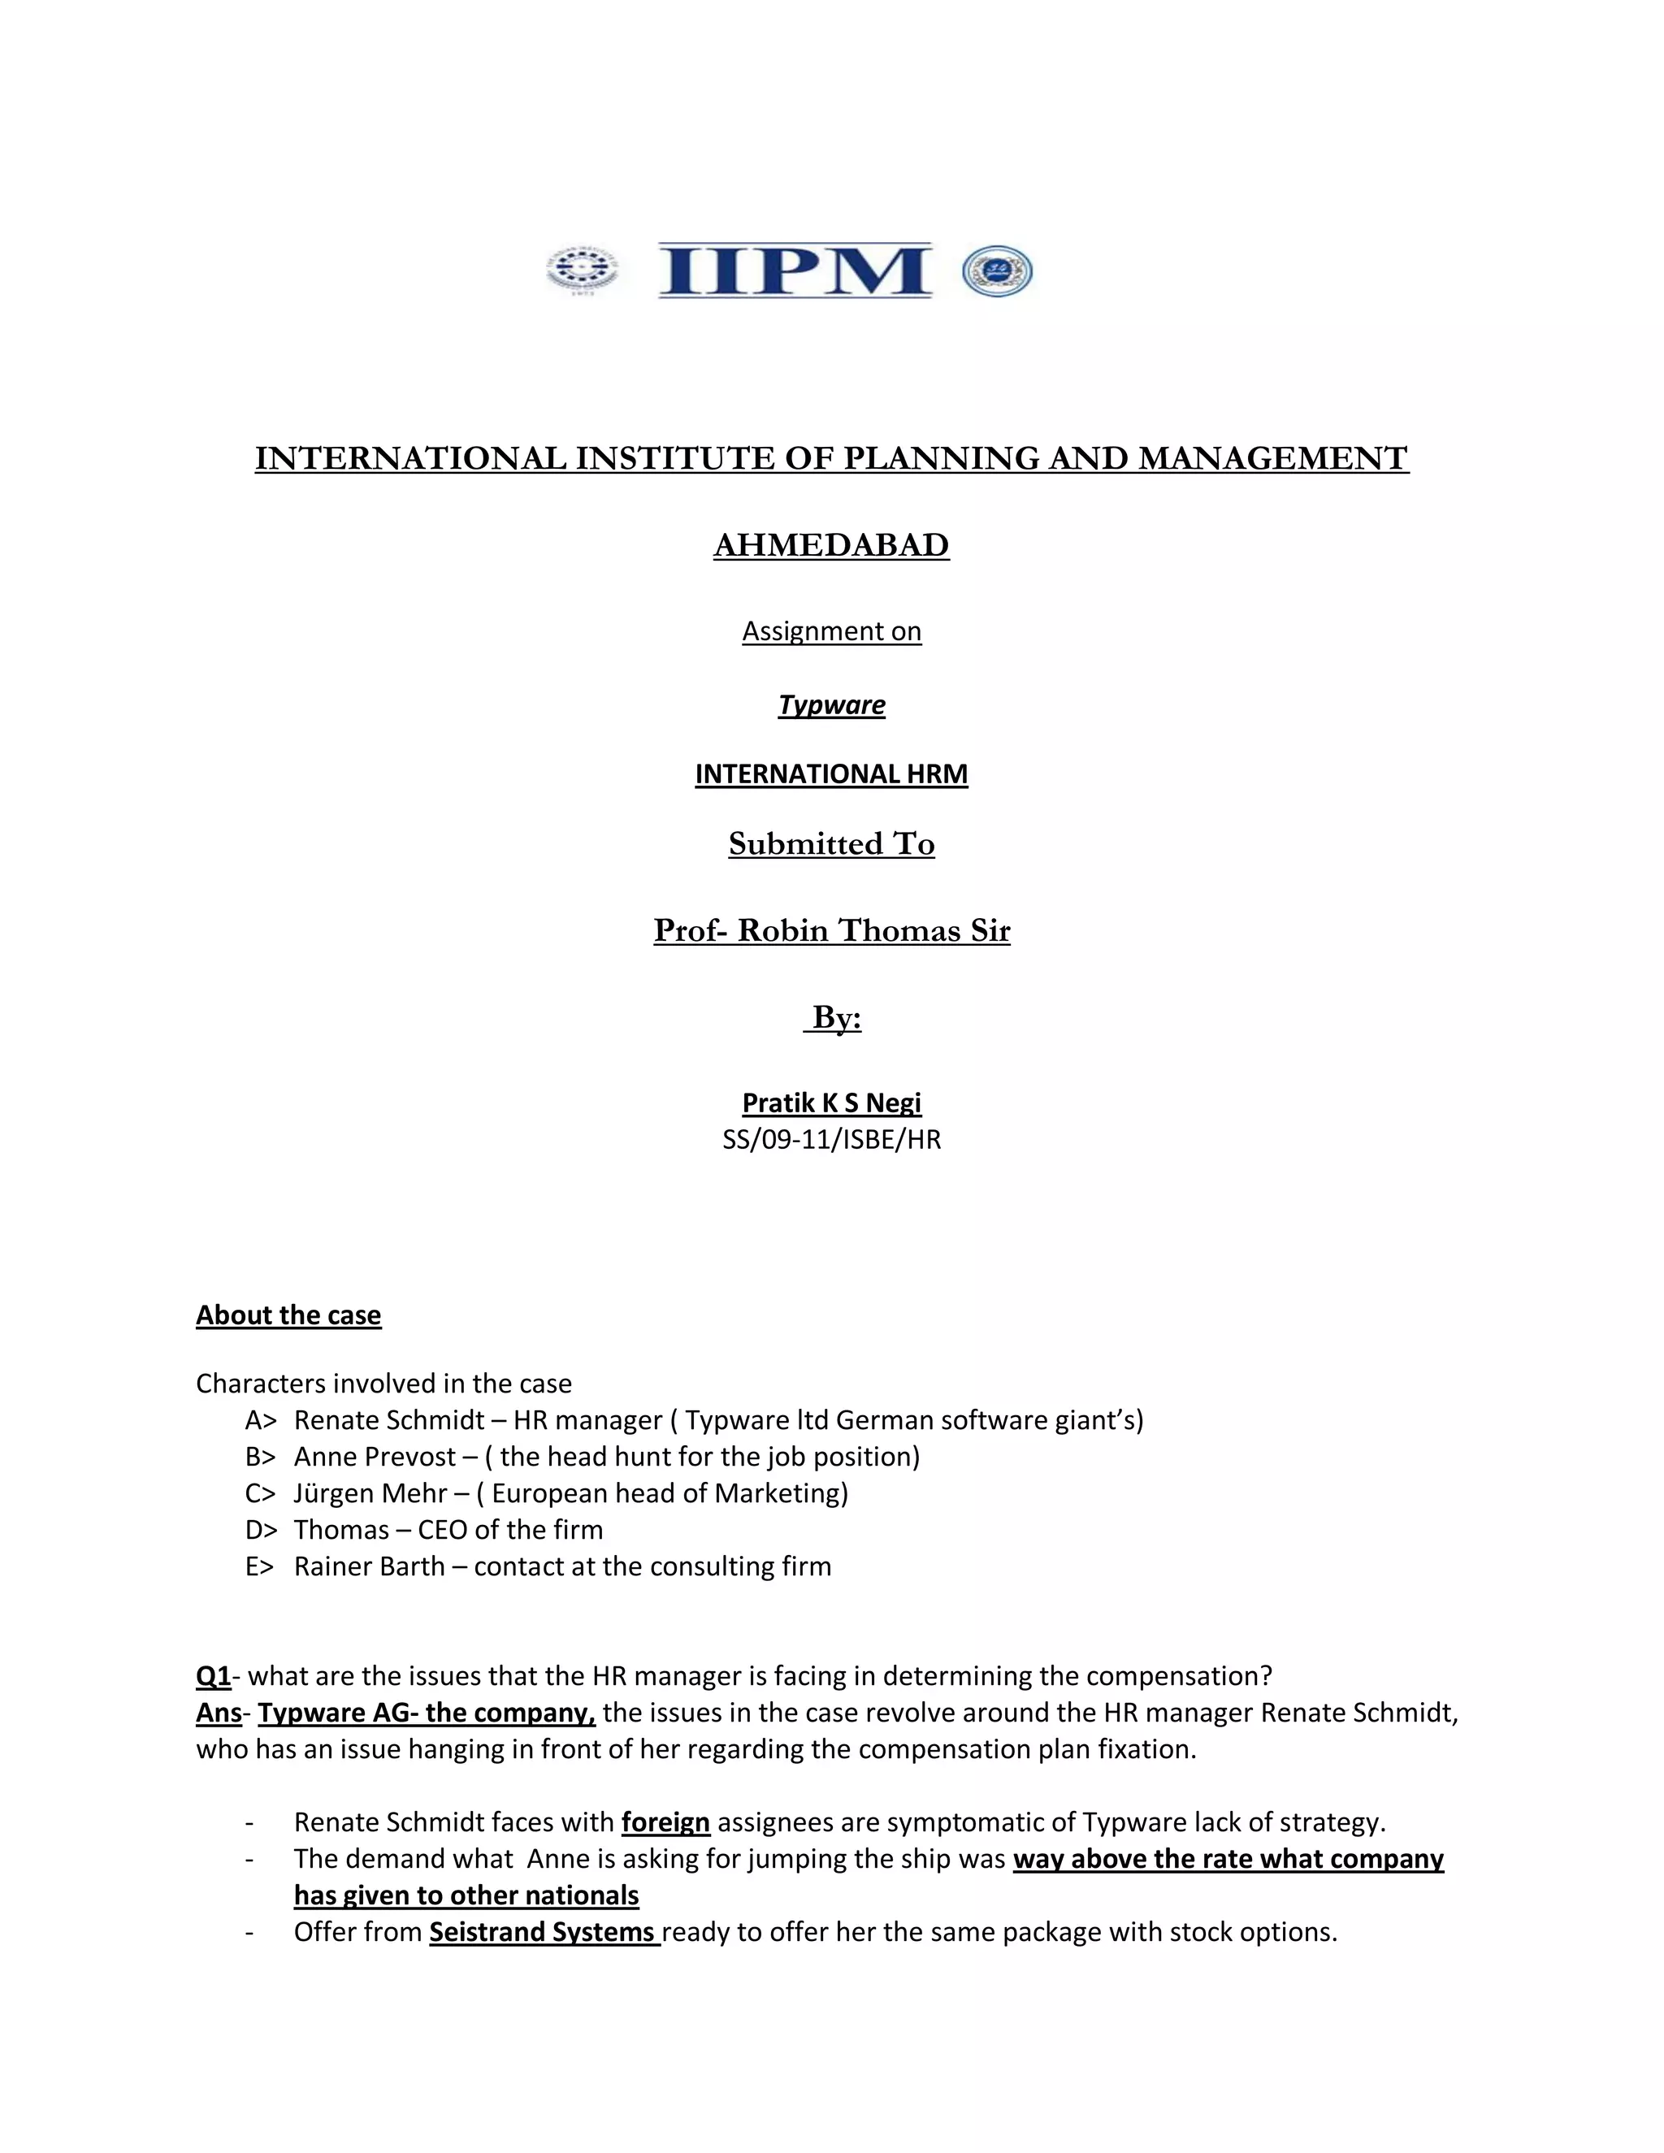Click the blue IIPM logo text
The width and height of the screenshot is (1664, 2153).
tap(795, 271)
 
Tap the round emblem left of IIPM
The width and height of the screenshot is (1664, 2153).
tap(583, 271)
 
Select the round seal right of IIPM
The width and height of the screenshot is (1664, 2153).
tap(997, 271)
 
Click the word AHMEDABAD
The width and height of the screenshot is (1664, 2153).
tap(831, 545)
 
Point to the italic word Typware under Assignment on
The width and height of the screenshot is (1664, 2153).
tap(831, 705)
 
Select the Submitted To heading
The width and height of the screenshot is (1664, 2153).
tap(831, 844)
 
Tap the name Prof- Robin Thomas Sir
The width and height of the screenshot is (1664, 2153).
tap(831, 930)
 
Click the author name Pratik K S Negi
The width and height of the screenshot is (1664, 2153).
tap(831, 1102)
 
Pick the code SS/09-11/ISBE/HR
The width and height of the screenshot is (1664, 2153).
tap(831, 1140)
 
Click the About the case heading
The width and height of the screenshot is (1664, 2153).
tap(288, 1315)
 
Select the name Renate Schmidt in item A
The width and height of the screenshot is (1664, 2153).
tap(388, 1420)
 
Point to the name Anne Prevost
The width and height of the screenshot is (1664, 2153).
tap(375, 1457)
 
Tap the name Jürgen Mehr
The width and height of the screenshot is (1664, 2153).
tap(370, 1493)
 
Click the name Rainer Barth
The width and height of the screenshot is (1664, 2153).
tap(369, 1566)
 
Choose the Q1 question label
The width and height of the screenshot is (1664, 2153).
tap(213, 1676)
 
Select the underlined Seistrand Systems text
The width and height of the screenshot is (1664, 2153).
tap(544, 1931)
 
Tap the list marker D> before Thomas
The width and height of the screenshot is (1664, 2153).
tap(262, 1530)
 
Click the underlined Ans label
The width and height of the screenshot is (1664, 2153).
tap(218, 1713)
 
